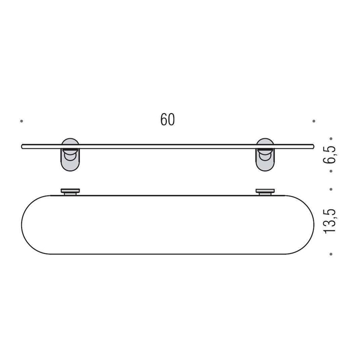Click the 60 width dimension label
[x=168, y=120]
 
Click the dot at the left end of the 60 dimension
[x=21, y=121]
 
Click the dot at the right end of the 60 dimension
[x=313, y=121]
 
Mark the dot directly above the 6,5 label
[x=331, y=138]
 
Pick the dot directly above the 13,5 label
[x=331, y=189]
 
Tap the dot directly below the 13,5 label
[x=331, y=254]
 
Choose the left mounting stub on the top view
[x=69, y=191]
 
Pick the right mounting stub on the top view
[x=265, y=191]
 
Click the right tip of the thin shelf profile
[x=312, y=147]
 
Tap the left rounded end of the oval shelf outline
[x=23, y=225]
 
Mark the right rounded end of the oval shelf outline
[x=312, y=225]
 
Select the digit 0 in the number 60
[x=172, y=120]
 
